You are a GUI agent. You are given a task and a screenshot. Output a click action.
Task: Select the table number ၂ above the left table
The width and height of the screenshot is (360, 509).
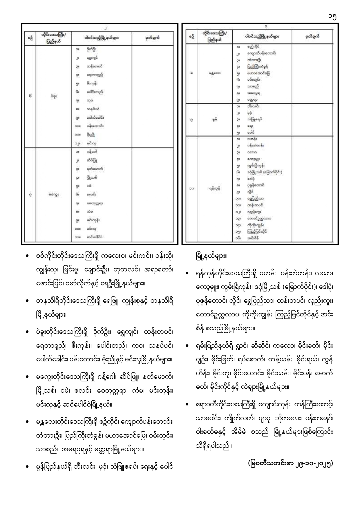[106, 28]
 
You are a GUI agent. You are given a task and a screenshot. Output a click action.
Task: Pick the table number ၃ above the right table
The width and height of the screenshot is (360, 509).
[266, 27]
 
